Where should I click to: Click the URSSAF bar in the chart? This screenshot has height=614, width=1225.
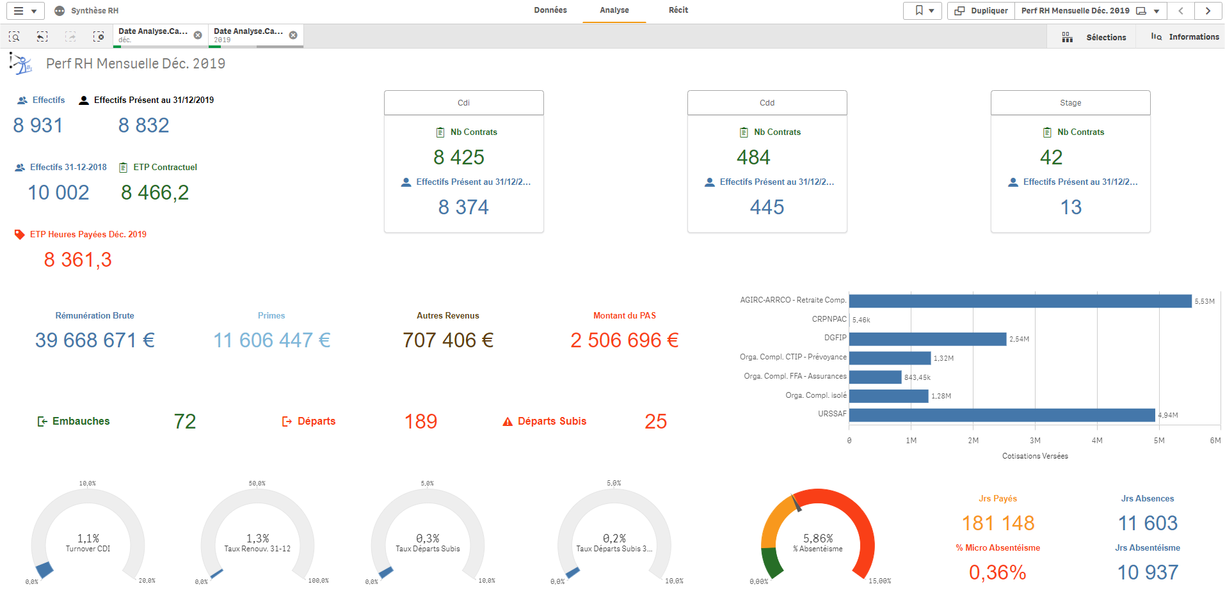coord(1002,415)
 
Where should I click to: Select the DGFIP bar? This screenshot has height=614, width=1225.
coord(927,339)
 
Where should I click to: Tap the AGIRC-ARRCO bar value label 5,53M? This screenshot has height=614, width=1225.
coord(1204,301)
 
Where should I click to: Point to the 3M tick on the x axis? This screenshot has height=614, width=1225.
coord(1035,441)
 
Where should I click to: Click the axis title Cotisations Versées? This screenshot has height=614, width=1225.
coord(1035,456)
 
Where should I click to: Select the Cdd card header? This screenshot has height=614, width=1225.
coord(767,103)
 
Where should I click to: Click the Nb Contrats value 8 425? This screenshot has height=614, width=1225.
coord(459,157)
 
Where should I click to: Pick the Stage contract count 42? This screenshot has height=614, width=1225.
coord(1051,157)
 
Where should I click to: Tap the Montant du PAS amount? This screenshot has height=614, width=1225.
coord(624,340)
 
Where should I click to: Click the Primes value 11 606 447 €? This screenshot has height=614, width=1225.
coord(271,340)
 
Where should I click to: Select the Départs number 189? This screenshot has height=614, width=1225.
coord(420,421)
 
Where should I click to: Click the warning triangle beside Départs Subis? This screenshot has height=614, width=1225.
coord(508,421)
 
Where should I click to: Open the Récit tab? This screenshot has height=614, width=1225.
coord(678,10)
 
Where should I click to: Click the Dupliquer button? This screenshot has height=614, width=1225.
coord(981,11)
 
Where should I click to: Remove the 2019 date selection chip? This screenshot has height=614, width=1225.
coord(293,35)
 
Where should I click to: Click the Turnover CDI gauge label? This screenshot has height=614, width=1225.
coord(88,549)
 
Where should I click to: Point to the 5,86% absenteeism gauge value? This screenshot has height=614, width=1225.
coord(818,539)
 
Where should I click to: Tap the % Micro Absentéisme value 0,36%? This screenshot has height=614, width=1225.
coord(997,572)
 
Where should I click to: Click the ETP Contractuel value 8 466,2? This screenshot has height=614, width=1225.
coord(155,193)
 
